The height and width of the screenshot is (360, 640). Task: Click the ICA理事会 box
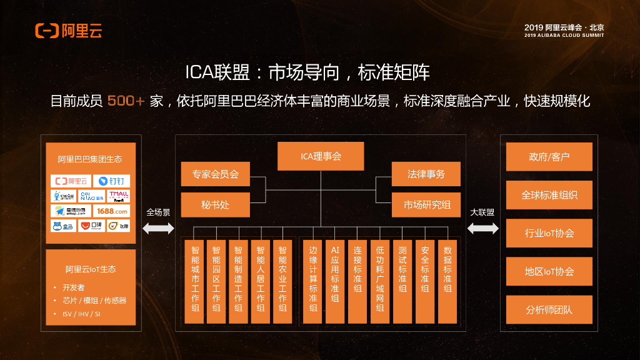(x=321, y=156)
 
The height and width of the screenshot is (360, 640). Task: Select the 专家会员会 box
(x=215, y=174)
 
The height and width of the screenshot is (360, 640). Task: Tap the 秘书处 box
(x=215, y=204)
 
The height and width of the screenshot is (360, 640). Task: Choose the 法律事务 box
(x=426, y=174)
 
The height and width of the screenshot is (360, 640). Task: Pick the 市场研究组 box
(x=426, y=204)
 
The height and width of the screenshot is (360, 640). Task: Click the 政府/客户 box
(x=549, y=157)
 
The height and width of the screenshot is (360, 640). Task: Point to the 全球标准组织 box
(x=549, y=195)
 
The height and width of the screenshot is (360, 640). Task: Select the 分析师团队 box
(x=549, y=309)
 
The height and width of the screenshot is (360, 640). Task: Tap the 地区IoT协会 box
(x=549, y=271)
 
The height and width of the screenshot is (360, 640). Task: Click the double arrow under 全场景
(x=158, y=228)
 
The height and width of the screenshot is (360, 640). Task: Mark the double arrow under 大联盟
(x=482, y=228)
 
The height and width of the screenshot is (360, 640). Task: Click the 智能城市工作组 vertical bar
(x=194, y=281)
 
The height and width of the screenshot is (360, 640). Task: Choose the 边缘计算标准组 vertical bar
(x=312, y=281)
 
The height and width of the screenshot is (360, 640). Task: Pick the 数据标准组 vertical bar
(x=447, y=281)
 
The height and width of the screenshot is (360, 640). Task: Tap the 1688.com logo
(x=111, y=211)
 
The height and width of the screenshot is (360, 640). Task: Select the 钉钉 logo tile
(x=111, y=181)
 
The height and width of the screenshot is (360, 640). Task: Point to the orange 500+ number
(x=126, y=101)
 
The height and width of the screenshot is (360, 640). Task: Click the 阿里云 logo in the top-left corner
(x=68, y=30)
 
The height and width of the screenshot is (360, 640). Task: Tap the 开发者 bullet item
(x=73, y=287)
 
